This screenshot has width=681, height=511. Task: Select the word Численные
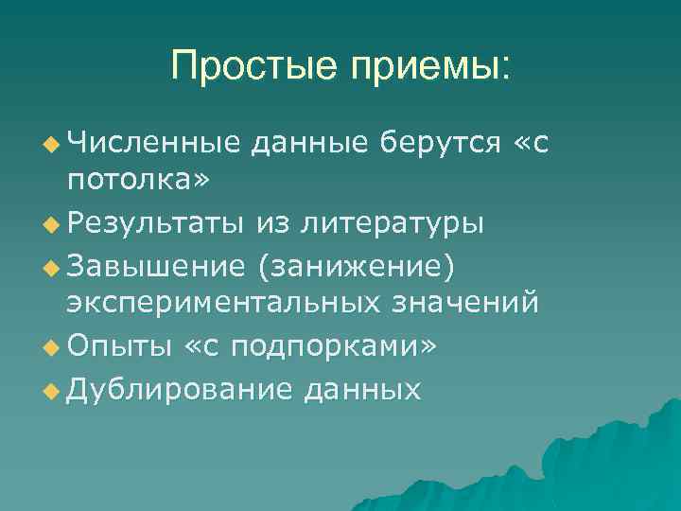click(x=152, y=142)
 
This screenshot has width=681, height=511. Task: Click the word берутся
click(x=437, y=144)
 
